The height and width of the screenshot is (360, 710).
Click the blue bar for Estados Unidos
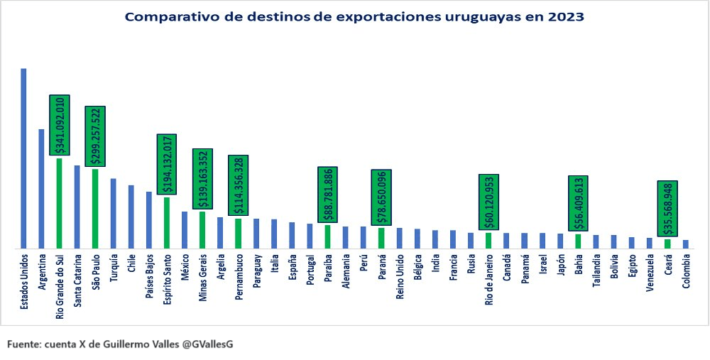click(23, 159)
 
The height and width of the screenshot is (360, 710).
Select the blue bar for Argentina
click(41, 189)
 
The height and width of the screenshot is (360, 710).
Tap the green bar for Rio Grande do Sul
click(60, 203)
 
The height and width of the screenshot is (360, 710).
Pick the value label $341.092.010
click(60, 124)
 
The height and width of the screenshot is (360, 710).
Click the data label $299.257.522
click(95, 136)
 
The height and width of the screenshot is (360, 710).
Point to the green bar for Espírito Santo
click(167, 223)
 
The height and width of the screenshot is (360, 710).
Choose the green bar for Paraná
click(381, 238)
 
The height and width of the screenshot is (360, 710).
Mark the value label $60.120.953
click(488, 203)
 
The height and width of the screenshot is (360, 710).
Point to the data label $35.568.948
click(667, 209)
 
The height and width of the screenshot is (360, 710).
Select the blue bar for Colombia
click(686, 244)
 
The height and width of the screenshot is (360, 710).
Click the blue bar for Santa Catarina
click(77, 207)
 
